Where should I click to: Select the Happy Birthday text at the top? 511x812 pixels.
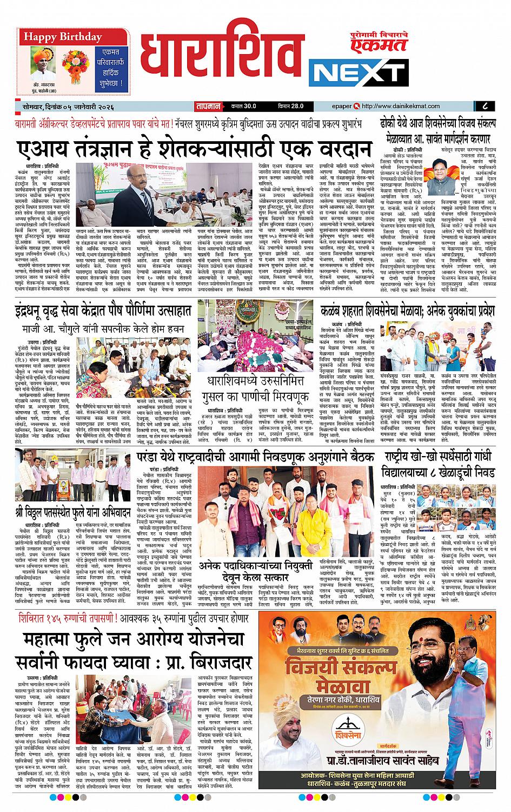(x=62, y=37)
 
